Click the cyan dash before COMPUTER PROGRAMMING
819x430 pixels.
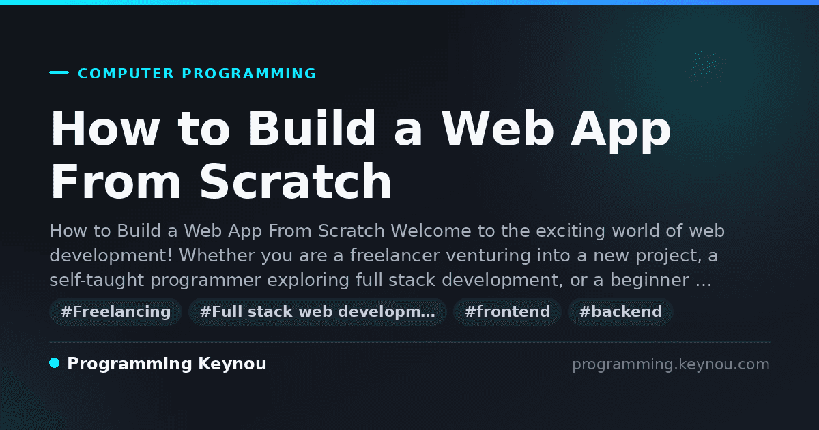59,72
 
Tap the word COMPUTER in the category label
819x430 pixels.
126,74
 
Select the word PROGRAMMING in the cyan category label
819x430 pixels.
248,74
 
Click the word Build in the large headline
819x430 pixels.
312,128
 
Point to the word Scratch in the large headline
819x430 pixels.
296,182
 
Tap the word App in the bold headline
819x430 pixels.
621,132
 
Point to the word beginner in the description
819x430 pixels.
650,281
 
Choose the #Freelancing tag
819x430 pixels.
115,311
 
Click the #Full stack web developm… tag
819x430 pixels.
317,311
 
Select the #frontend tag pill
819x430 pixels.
507,311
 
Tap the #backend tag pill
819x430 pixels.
620,311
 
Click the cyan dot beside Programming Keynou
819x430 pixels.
55,363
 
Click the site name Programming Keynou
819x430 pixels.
167,364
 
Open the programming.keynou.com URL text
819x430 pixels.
671,364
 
